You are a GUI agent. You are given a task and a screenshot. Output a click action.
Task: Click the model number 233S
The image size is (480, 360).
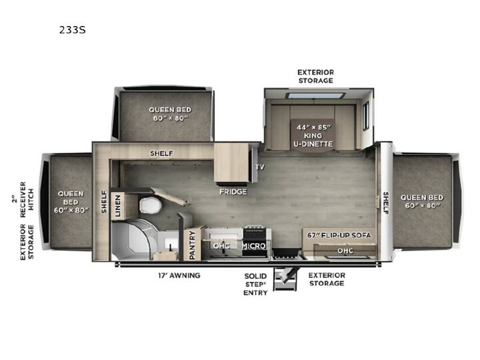pyautogui.click(x=72, y=30)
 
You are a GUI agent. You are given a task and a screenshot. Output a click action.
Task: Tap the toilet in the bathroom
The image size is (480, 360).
pyautogui.click(x=151, y=205)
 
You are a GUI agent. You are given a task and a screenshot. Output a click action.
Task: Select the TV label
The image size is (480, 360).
pyautogui.click(x=259, y=167)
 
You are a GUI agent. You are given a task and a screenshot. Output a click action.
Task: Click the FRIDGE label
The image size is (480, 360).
pyautogui.click(x=233, y=192)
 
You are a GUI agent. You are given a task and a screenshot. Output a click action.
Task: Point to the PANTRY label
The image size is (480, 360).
pyautogui.click(x=192, y=245)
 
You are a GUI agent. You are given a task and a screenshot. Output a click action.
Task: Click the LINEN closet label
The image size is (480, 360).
pyautogui.click(x=118, y=206)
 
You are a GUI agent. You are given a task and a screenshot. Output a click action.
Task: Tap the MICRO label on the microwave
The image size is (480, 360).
pyautogui.click(x=254, y=246)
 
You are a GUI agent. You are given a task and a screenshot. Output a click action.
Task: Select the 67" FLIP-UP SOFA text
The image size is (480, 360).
pyautogui.click(x=339, y=235)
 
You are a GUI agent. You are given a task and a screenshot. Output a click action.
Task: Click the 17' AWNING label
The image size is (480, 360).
pyautogui.click(x=179, y=275)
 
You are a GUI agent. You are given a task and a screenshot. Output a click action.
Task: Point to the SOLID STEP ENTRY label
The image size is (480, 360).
pyautogui.click(x=255, y=285)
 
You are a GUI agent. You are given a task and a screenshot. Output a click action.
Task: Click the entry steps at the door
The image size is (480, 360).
pyautogui.click(x=285, y=279)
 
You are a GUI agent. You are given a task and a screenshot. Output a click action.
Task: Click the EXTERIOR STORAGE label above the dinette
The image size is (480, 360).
pyautogui.click(x=315, y=77)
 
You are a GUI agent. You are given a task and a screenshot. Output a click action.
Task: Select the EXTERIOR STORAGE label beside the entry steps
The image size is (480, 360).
pyautogui.click(x=327, y=279)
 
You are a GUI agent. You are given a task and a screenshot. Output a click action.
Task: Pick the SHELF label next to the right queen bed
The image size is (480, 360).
pyautogui.click(x=386, y=203)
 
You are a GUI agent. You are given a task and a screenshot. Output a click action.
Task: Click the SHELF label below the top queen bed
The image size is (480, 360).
pyautogui.click(x=161, y=153)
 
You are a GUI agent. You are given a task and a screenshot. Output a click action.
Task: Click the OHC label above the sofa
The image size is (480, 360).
pyautogui.click(x=345, y=251)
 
